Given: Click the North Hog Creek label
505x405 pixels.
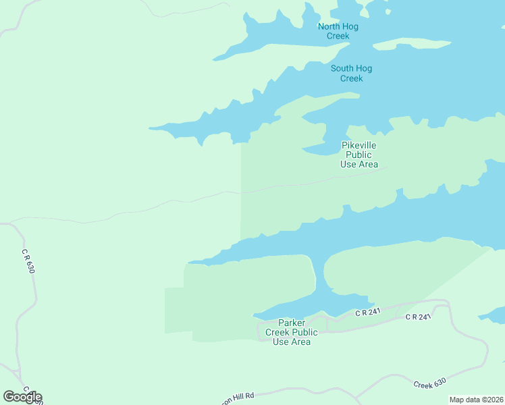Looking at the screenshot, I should click(x=338, y=31).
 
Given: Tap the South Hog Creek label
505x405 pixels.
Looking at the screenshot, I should click(x=351, y=73).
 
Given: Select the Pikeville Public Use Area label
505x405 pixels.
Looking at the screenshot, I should click(x=358, y=155).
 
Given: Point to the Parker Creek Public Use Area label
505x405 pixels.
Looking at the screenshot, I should click(x=292, y=332).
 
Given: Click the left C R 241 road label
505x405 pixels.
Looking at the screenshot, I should click(x=369, y=312).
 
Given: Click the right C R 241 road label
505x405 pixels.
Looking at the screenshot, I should click(x=417, y=317).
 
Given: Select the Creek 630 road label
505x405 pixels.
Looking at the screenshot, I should click(x=429, y=383).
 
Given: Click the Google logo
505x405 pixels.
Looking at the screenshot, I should click(x=22, y=397).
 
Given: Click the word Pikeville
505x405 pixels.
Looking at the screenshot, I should click(x=358, y=145).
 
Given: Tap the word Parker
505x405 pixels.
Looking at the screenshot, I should click(x=292, y=323).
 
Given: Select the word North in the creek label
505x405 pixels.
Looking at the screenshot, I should click(x=329, y=26).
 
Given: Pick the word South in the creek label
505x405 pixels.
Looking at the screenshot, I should click(x=342, y=68).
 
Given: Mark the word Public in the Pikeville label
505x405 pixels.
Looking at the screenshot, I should click(x=358, y=155).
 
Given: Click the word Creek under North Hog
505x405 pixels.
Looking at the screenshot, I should click(x=338, y=36).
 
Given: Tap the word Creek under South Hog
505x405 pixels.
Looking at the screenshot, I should click(x=351, y=78).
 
